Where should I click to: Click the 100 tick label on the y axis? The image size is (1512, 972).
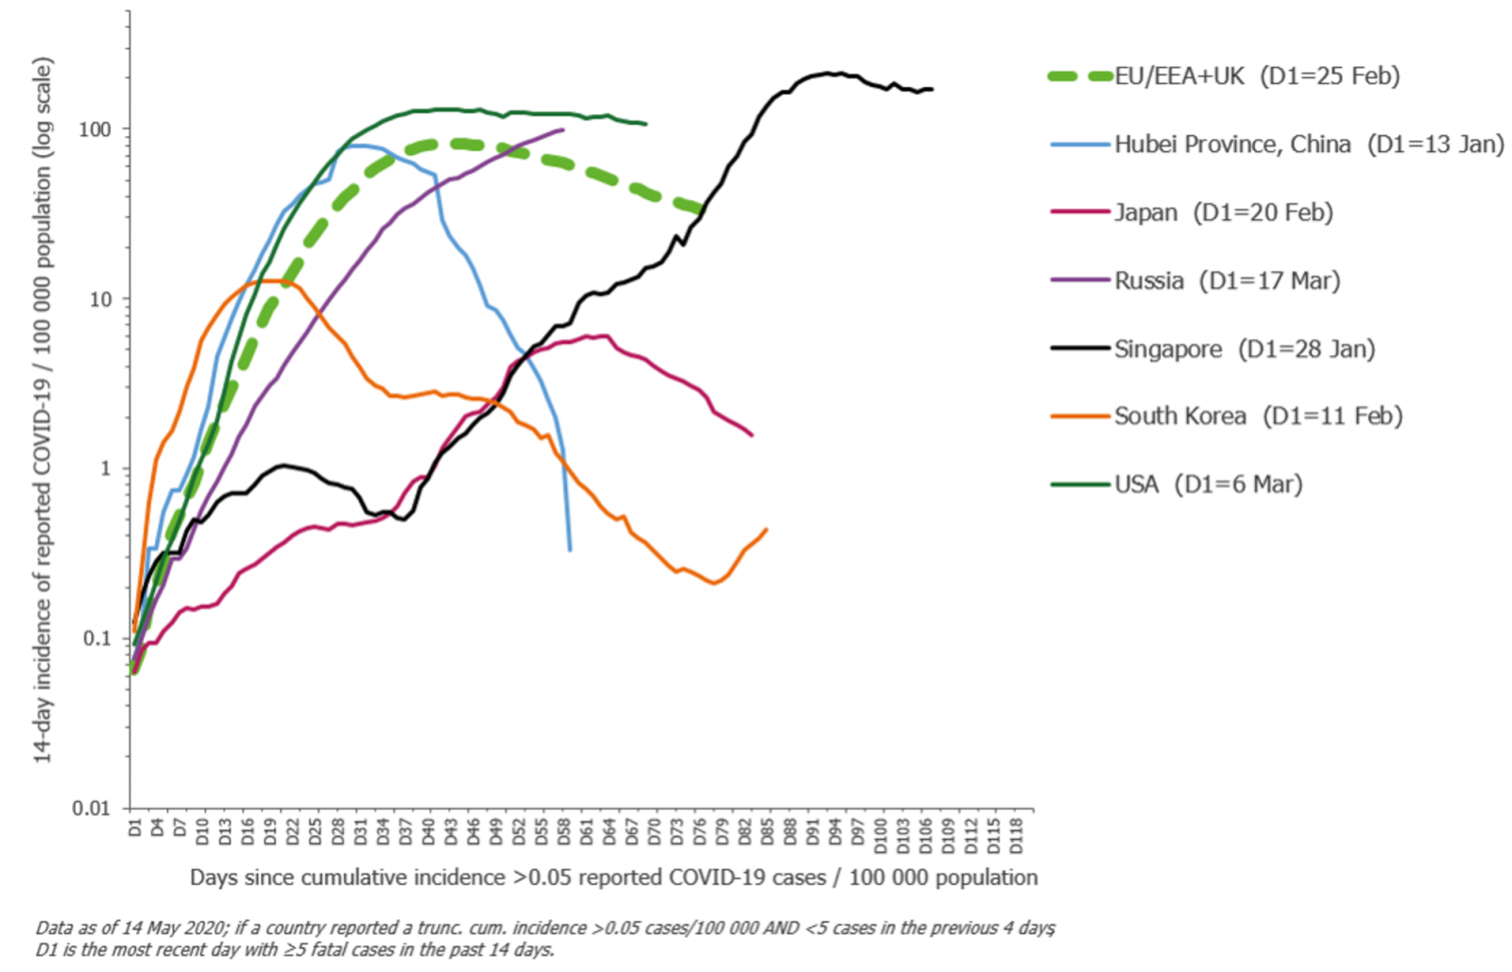(x=94, y=129)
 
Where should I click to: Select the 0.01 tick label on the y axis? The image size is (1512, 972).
(x=91, y=809)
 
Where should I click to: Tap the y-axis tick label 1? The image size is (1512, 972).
(x=105, y=469)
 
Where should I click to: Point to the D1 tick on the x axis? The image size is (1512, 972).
(x=134, y=827)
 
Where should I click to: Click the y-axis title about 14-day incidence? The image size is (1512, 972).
(x=43, y=411)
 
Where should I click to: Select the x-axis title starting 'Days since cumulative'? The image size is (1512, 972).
(x=613, y=878)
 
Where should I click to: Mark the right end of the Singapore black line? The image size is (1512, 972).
(x=932, y=90)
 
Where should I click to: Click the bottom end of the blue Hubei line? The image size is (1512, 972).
(x=569, y=550)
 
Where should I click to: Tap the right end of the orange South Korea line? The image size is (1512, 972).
(x=766, y=530)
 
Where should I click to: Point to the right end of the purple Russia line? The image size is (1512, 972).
(x=563, y=129)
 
